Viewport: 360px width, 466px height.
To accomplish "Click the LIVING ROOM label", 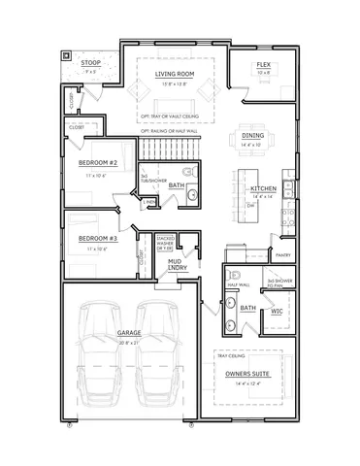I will click(x=176, y=73).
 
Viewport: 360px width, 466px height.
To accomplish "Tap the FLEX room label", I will click(x=262, y=64).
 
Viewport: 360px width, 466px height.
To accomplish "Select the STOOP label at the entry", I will click(x=91, y=63).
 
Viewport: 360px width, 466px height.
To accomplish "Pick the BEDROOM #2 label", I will click(x=97, y=163).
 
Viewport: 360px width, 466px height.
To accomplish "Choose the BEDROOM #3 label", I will click(x=98, y=238).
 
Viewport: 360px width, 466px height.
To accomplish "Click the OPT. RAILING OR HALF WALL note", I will click(x=175, y=130).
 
